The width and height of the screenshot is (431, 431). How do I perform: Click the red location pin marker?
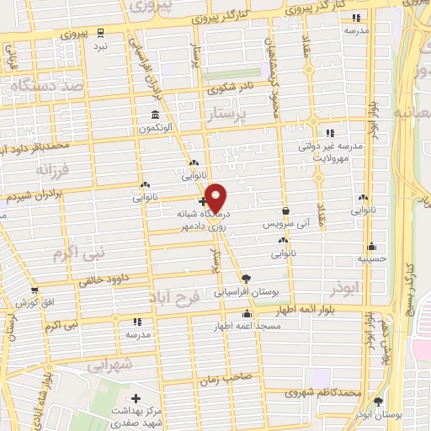pyautogui.click(x=215, y=198)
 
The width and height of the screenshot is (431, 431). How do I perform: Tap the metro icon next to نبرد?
pyautogui.click(x=101, y=32)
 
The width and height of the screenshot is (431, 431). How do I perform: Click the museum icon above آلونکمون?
pyautogui.click(x=156, y=114)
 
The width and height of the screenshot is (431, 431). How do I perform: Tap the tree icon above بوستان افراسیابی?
pyautogui.click(x=245, y=278)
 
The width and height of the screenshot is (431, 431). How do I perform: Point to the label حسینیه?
pyautogui.click(x=371, y=258)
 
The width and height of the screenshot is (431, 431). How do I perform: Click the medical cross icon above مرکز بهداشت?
pyautogui.click(x=136, y=397)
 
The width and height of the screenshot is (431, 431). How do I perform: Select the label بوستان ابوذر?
pyautogui.click(x=377, y=415)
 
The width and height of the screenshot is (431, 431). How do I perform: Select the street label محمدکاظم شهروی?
pyautogui.click(x=325, y=392)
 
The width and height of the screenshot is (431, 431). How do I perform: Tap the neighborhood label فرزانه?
pyautogui.click(x=36, y=171)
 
